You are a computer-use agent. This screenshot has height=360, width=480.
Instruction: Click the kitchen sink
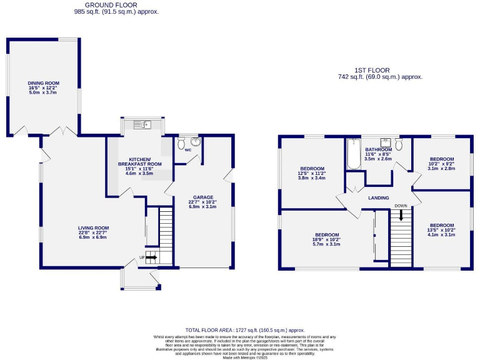tap(142, 125)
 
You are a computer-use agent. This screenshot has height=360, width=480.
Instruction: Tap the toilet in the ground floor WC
tap(182, 145)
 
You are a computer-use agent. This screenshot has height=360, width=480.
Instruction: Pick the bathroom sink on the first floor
tap(386, 141)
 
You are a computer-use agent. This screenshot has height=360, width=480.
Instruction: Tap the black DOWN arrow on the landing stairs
tap(401, 216)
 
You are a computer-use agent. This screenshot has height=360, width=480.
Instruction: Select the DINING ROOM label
tap(43, 83)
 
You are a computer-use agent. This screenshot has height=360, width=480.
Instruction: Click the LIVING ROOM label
tap(94, 227)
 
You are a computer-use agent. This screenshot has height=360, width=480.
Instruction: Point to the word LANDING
tap(379, 198)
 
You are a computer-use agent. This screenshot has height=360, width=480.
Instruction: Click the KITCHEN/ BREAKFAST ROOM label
tap(141, 162)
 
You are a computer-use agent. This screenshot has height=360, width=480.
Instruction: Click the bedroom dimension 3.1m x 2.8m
tap(441, 168)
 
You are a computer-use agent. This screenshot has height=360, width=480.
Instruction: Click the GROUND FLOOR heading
tap(116, 6)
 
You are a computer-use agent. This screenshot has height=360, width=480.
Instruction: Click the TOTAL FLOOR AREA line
tap(244, 329)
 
